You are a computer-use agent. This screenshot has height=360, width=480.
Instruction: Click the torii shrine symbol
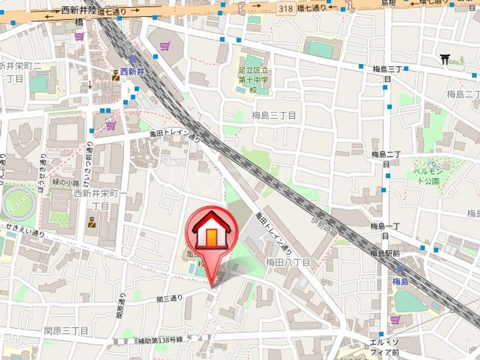click(445, 59)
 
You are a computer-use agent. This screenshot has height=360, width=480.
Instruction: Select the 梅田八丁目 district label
click(287, 263)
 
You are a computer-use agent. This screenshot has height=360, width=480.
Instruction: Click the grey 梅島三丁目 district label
click(273, 115)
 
